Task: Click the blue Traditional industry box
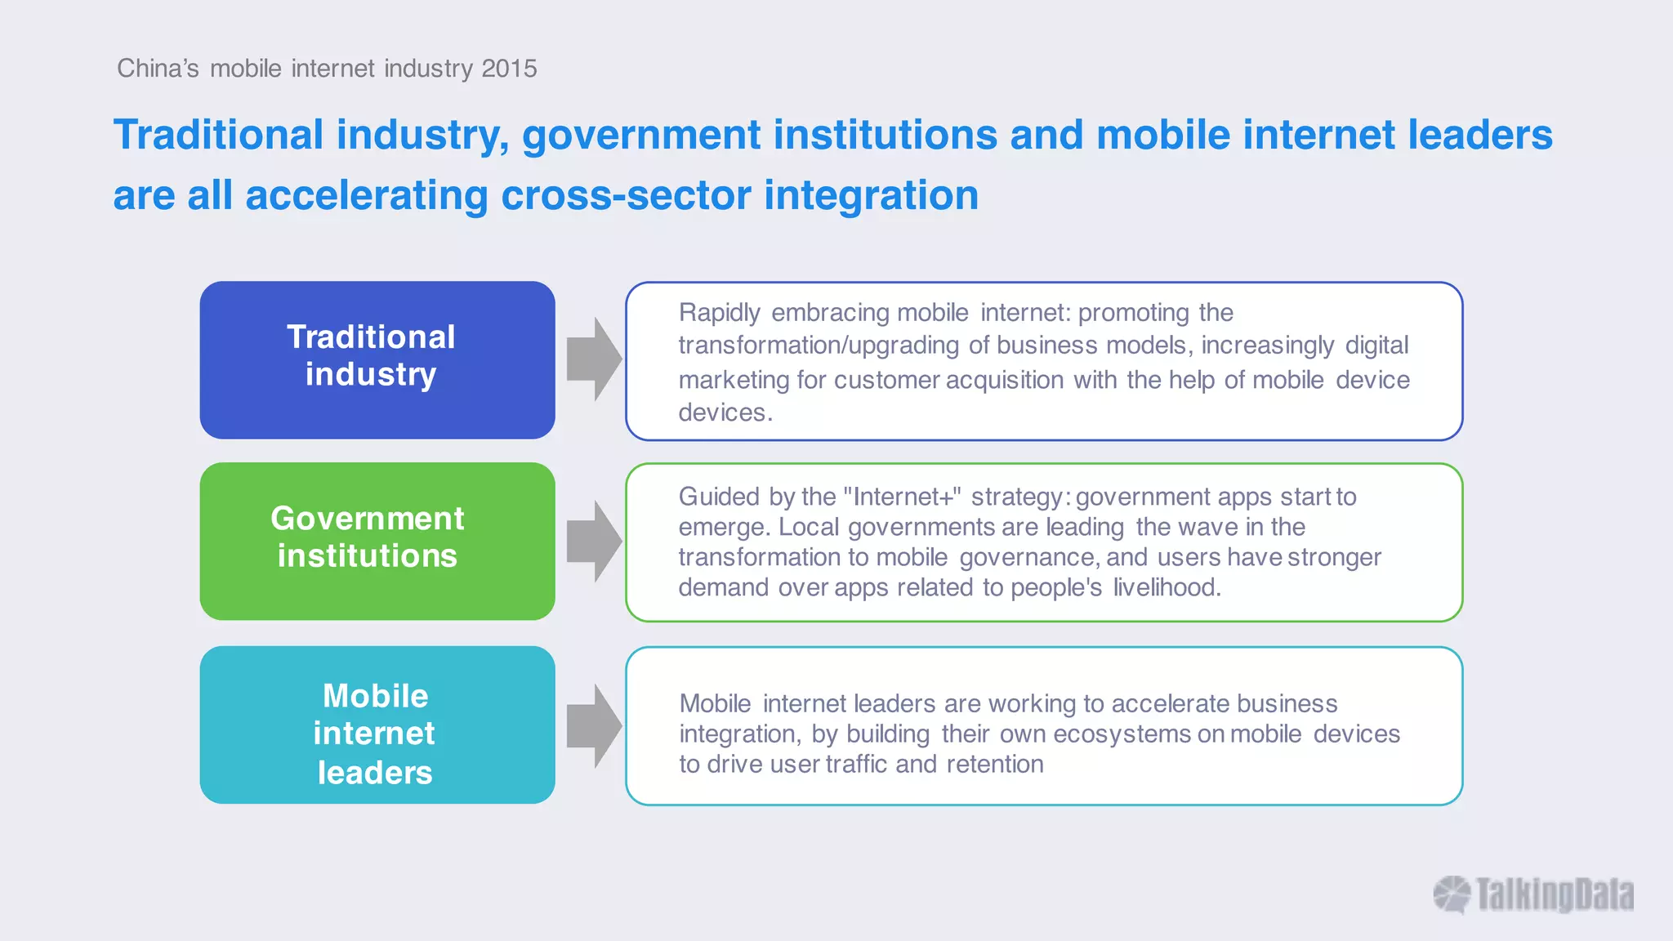(377, 360)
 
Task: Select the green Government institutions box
(377, 541)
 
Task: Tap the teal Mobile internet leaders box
(377, 725)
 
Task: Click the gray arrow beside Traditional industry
(594, 359)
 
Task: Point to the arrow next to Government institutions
(594, 542)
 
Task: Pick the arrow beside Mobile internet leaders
(594, 726)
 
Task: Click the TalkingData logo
(1533, 894)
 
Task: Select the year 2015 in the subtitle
(509, 69)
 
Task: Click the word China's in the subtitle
(158, 69)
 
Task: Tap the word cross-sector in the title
(626, 196)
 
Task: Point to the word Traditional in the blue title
(219, 135)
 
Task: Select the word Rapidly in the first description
(719, 313)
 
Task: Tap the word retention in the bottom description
(995, 765)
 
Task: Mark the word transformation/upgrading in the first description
(818, 346)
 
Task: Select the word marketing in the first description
(734, 380)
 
